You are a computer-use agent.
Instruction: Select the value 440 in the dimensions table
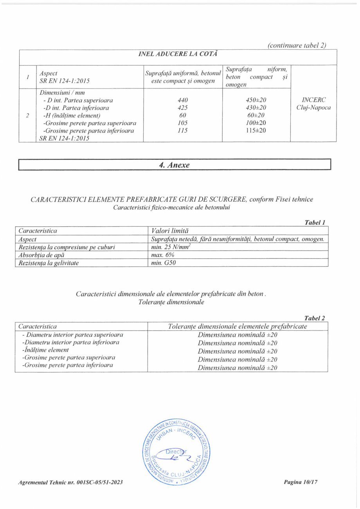183,100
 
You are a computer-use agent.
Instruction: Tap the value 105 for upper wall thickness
183,123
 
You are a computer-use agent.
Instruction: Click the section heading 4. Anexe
174,165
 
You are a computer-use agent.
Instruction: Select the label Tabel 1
315,223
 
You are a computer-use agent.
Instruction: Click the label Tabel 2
315,318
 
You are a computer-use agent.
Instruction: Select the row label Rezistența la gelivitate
49,263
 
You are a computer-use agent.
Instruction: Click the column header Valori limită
171,231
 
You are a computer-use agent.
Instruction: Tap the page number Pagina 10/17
301,482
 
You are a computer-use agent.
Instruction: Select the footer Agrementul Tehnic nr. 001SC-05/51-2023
71,482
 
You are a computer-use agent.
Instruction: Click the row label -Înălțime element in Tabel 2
45,350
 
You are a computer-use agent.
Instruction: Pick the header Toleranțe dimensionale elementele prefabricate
238,326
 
